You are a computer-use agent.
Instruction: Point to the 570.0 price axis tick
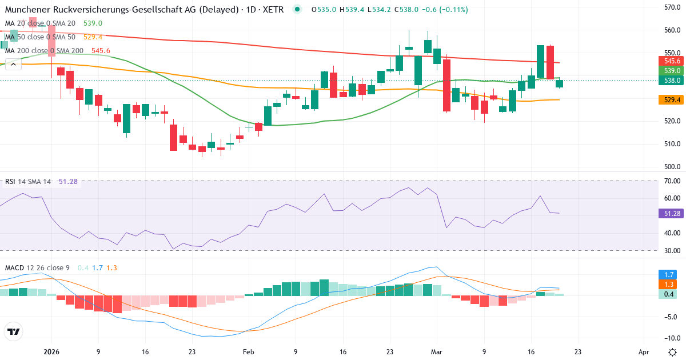pos(671,7)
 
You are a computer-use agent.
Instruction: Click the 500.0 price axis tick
pos(671,167)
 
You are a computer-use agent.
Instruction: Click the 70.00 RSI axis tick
pos(671,181)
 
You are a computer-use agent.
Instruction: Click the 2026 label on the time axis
pos(51,353)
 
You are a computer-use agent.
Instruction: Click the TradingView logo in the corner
pos(13,331)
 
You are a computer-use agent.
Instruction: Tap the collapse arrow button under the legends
pos(13,65)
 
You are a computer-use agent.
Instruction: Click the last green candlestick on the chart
pos(559,83)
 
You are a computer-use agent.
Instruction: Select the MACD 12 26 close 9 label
pos(38,267)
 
